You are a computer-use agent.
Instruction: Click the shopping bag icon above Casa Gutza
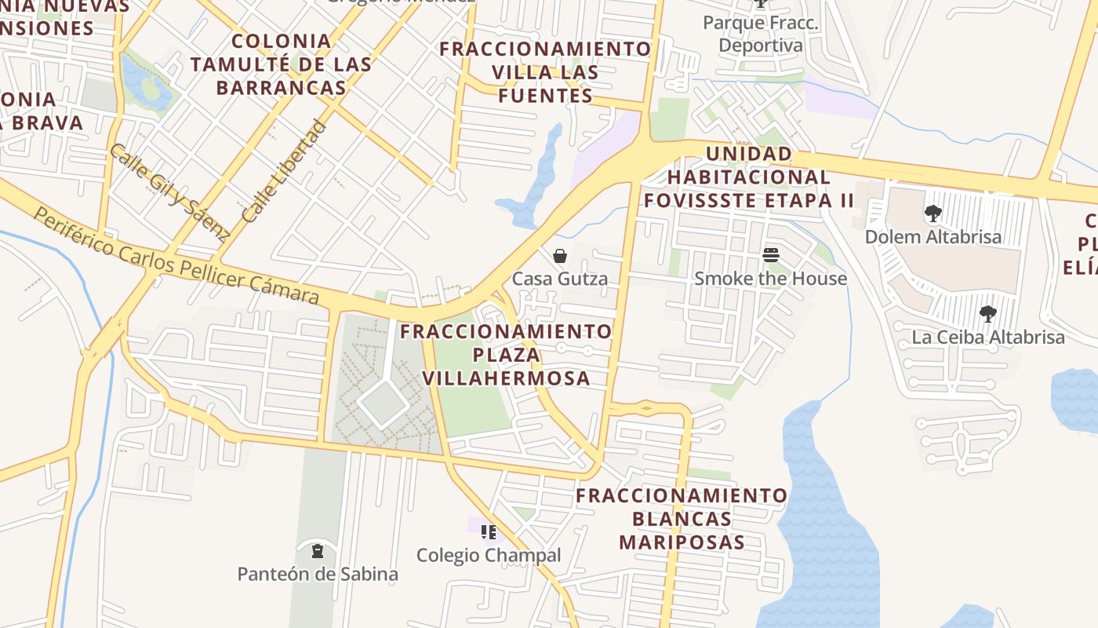(560, 256)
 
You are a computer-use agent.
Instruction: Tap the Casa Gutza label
(560, 279)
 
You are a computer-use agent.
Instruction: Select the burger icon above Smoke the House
(770, 255)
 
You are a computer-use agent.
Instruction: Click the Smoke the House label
(770, 279)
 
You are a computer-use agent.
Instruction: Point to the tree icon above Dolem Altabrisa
(933, 214)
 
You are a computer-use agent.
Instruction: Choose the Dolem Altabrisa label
(933, 237)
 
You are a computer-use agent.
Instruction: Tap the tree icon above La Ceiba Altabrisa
(987, 315)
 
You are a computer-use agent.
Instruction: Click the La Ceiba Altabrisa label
(987, 338)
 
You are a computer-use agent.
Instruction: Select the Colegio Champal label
(489, 556)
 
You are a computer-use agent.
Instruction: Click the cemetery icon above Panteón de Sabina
(317, 551)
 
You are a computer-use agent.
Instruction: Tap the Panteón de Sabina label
(318, 575)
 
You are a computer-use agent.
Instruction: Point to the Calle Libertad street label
(283, 171)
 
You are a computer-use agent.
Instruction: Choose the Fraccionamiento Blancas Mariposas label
(682, 519)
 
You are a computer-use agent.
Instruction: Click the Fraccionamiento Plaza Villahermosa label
(506, 355)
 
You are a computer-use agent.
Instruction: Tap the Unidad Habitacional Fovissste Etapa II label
(748, 177)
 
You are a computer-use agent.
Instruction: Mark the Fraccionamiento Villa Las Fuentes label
(545, 72)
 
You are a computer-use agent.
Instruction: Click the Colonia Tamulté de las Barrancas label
(281, 64)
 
